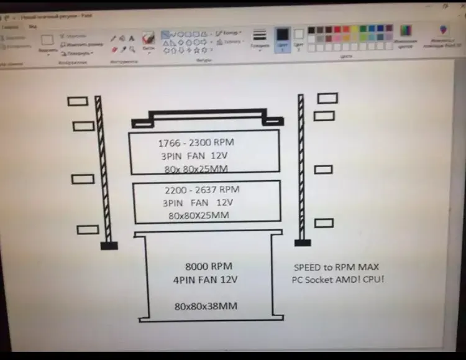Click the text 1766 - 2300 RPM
click(196, 142)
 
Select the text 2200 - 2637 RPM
click(202, 190)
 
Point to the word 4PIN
click(185, 280)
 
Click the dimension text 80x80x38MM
click(206, 306)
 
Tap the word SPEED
click(308, 267)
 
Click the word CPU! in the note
click(375, 280)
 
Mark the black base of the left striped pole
click(109, 246)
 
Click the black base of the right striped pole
click(301, 242)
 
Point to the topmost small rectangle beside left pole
click(78, 101)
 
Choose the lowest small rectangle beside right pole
click(324, 223)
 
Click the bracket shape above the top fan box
click(206, 117)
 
